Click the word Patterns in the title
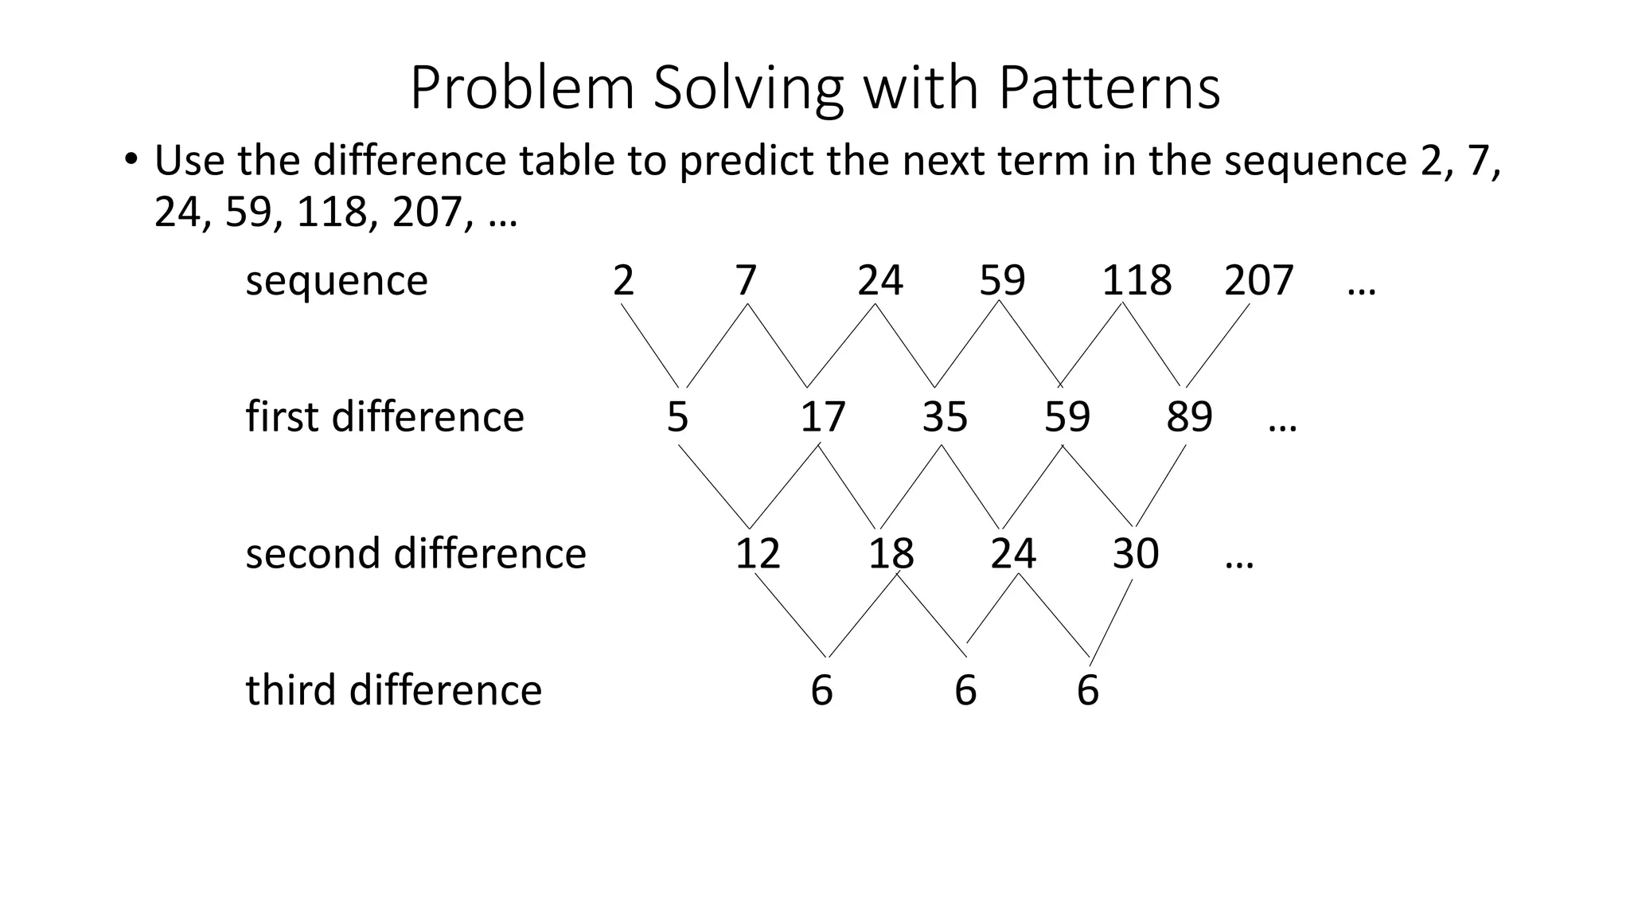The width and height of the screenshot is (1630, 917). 1109,88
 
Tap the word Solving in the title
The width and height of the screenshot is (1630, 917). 747,89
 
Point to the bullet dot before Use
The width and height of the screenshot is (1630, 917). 131,158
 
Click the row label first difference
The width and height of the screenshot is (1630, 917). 384,416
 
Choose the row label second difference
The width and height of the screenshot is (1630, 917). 415,553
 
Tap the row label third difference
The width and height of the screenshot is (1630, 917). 393,689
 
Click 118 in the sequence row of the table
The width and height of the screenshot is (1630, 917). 1137,280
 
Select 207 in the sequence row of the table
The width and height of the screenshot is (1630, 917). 1258,280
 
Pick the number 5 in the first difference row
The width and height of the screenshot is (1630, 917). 677,417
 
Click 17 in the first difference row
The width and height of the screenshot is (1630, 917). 822,417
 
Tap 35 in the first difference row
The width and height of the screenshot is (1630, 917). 945,417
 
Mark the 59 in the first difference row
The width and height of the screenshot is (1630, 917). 1067,417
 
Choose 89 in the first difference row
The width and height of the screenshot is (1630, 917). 1189,417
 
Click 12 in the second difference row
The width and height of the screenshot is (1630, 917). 757,553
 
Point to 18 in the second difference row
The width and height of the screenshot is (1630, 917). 891,553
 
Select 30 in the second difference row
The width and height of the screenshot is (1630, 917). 1135,553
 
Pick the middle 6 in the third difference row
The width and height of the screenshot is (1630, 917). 965,690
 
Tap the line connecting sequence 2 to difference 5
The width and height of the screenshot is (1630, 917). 649,346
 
